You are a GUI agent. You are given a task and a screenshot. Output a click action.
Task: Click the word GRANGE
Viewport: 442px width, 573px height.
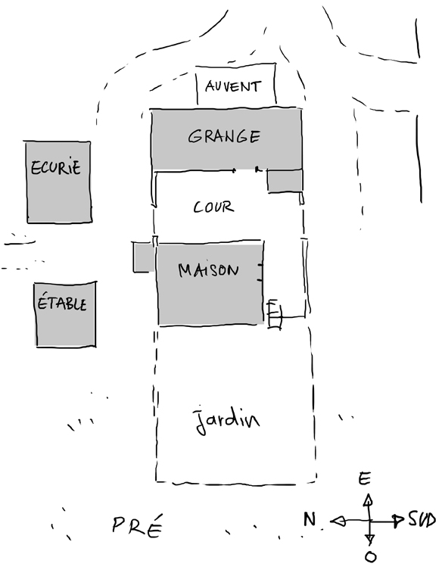[x=224, y=136]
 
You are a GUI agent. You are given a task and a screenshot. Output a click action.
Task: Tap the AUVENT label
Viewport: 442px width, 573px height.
[x=233, y=86]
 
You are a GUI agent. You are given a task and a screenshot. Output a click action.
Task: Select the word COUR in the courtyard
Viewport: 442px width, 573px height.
[x=213, y=207]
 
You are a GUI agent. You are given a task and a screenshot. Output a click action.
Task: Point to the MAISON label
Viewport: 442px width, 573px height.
[x=208, y=270]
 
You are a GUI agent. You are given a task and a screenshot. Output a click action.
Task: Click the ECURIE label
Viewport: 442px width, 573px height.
[x=55, y=167]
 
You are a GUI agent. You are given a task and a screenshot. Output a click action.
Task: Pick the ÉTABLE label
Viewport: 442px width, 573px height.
[x=62, y=303]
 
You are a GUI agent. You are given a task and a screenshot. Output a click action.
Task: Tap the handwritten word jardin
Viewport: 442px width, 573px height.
[x=227, y=420]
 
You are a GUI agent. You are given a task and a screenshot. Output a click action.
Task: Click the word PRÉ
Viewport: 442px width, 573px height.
[x=137, y=525]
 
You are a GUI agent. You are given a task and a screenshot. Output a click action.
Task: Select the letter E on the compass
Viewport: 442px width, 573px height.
[x=365, y=478]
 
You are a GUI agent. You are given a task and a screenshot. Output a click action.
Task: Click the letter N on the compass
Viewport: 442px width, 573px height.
[x=310, y=519]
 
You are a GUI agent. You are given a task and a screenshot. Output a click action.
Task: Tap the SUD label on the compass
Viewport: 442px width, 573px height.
[x=422, y=519]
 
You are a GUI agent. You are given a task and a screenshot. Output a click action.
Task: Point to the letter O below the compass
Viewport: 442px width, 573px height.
[x=370, y=557]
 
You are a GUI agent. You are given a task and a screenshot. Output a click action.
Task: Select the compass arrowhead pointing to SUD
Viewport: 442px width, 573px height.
[x=398, y=521]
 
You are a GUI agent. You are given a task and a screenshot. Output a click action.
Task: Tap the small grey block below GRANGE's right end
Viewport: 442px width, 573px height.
[x=285, y=180]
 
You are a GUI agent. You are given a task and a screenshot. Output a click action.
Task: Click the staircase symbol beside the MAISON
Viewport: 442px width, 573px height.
[x=275, y=314]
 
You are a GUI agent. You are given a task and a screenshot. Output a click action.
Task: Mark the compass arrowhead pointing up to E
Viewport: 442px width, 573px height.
[x=368, y=500]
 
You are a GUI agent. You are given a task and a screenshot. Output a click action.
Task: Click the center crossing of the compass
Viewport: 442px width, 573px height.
[x=369, y=521]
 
